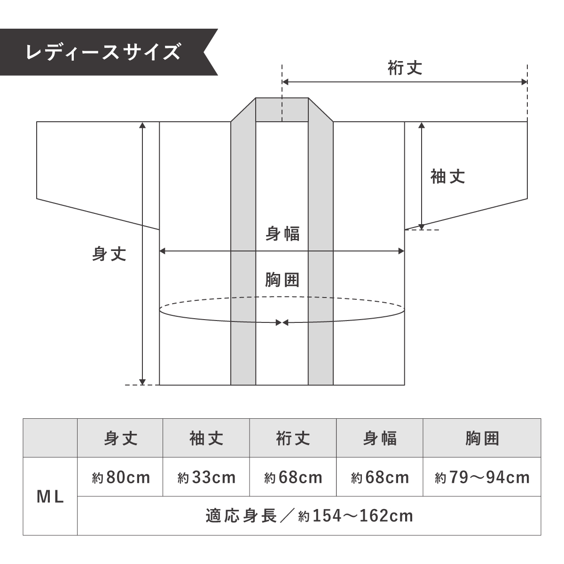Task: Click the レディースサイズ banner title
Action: click(103, 52)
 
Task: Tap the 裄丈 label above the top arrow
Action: click(405, 68)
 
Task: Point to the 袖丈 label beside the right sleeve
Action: click(447, 177)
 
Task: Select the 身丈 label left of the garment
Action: click(109, 254)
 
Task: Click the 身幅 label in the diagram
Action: click(282, 234)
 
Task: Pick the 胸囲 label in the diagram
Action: click(282, 280)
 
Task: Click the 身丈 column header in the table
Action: click(121, 438)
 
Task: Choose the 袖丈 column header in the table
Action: click(206, 438)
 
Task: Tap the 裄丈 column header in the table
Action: click(293, 438)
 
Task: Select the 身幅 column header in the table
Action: click(380, 438)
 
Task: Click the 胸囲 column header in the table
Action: click(482, 438)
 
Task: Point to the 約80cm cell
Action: click(121, 478)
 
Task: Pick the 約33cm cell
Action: click(206, 478)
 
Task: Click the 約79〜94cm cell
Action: click(482, 478)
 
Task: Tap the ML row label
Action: click(50, 497)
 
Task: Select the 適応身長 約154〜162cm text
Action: click(309, 516)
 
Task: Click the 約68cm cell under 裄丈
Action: click(293, 478)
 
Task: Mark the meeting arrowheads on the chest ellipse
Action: click(282, 322)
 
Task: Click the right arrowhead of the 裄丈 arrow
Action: click(524, 82)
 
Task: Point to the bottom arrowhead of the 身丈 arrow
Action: click(142, 382)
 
